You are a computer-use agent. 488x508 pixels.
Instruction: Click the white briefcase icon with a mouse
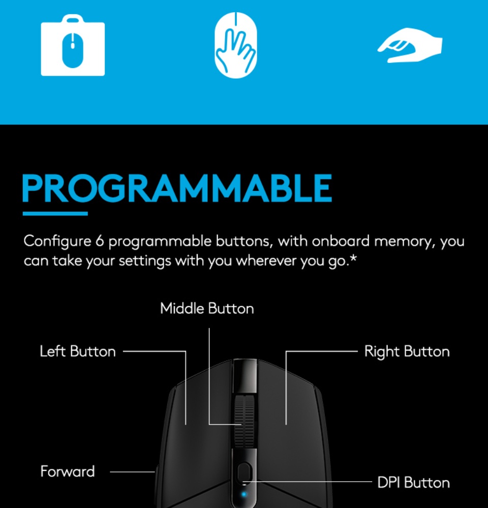pos(73,46)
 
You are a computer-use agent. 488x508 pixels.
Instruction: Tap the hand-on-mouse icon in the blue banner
pos(235,43)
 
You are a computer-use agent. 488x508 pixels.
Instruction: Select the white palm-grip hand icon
pos(410,48)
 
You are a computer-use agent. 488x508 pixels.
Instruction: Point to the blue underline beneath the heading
pos(55,213)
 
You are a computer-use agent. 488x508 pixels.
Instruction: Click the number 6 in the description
pos(100,241)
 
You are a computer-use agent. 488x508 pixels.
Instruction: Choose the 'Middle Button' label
pos(207,308)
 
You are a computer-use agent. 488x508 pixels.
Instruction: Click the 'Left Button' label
pos(78,351)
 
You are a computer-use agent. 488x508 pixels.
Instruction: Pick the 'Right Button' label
pos(407,351)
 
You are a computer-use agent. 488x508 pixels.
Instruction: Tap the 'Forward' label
pos(68,471)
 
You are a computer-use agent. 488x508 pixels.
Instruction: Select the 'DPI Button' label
pos(413,482)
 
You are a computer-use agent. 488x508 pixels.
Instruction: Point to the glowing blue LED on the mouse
pos(245,493)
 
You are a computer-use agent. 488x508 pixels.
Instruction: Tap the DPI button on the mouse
pos(244,470)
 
